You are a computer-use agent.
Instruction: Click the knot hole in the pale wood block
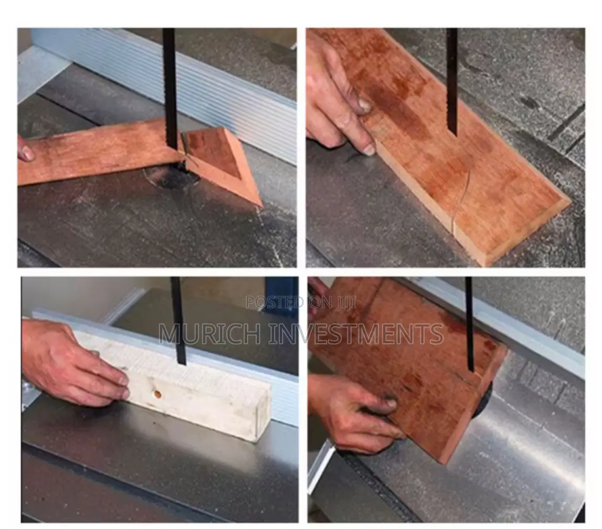tap(157, 394)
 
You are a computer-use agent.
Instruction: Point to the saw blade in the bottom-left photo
tap(178, 321)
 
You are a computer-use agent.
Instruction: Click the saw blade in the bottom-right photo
tap(470, 324)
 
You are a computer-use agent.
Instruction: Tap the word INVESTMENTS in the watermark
tap(356, 334)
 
